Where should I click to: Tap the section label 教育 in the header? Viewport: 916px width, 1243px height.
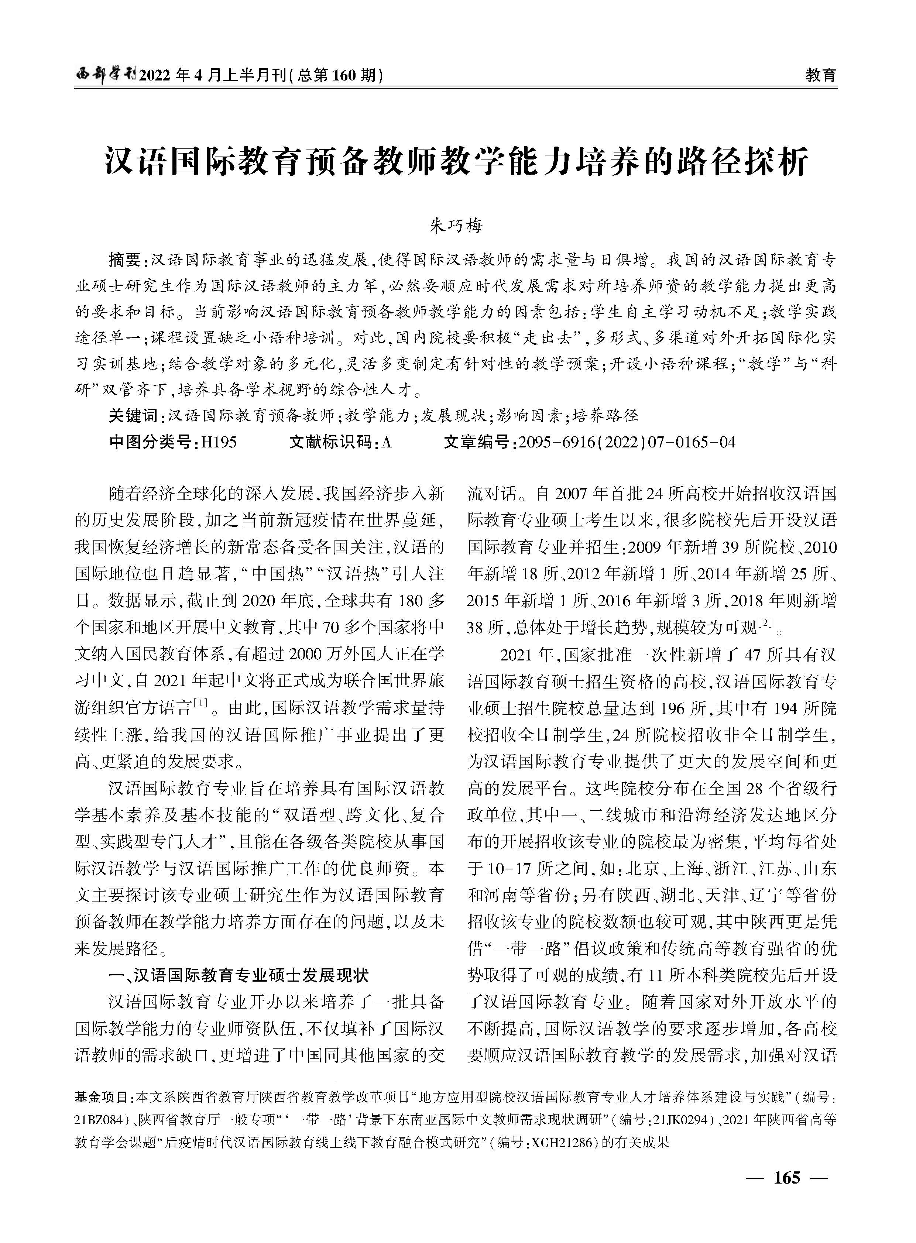[x=820, y=75]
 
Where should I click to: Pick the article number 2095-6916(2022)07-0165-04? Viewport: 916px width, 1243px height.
[x=627, y=442]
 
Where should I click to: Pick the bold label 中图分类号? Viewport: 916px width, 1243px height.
[x=152, y=442]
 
